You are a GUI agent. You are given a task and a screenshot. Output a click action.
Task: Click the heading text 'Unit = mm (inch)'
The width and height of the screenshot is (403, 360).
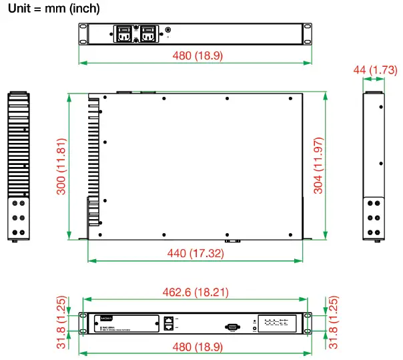click(53, 9)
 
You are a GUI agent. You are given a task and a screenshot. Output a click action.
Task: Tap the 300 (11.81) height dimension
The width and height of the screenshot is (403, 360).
click(61, 166)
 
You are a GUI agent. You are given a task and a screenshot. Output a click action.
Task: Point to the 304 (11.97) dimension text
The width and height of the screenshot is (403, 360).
click(318, 166)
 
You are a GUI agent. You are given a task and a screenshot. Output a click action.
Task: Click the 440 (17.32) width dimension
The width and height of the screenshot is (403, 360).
click(194, 253)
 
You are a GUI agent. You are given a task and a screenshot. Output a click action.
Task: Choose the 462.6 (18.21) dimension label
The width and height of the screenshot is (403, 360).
click(194, 292)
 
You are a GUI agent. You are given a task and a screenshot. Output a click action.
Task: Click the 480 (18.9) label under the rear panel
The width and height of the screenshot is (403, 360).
click(194, 55)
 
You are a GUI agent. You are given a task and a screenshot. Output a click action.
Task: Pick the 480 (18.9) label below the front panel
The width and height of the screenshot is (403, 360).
click(194, 347)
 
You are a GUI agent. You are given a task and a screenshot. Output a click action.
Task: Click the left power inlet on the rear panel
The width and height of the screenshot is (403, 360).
click(125, 34)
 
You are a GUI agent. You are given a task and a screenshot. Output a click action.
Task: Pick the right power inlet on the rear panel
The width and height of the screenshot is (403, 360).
click(147, 34)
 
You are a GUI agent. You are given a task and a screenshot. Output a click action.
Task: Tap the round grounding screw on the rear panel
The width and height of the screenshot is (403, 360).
click(167, 30)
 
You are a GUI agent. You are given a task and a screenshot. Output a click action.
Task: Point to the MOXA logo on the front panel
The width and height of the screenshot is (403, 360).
click(101, 318)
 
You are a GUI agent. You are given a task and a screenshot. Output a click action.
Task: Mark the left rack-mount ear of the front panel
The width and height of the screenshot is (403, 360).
click(83, 324)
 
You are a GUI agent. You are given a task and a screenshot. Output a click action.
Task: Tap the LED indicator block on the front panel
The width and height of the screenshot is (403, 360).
click(278, 324)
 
